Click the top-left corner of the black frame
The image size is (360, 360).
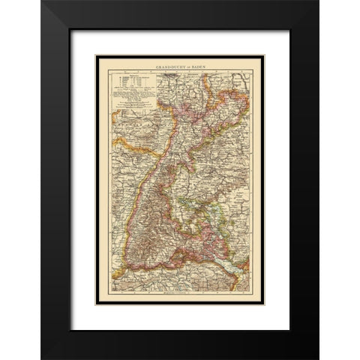42,1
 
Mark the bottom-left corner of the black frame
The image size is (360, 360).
42,358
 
